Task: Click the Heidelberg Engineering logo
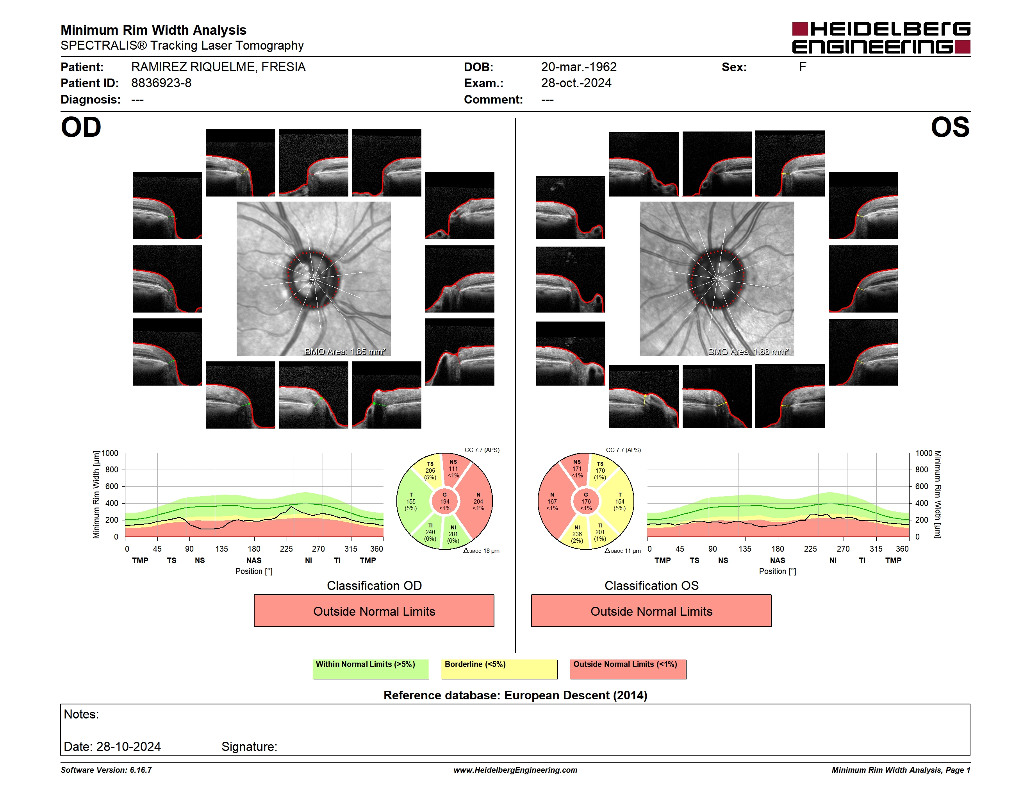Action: tap(881, 38)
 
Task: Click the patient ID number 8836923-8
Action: tap(161, 83)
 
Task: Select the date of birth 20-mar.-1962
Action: tap(579, 67)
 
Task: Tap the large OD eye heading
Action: tap(81, 127)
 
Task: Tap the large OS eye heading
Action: tap(950, 127)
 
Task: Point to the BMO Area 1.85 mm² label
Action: tap(345, 351)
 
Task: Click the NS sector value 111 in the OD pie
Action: tap(453, 469)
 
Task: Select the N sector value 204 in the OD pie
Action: tap(478, 501)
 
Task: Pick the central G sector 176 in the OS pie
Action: tap(586, 501)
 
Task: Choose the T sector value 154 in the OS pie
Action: tap(620, 501)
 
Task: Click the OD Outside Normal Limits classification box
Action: tap(374, 611)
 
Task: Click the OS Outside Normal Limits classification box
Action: tap(651, 611)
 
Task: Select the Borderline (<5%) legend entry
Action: tap(499, 668)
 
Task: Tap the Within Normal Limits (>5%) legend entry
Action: tap(371, 668)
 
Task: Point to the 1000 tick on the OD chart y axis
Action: tap(110, 453)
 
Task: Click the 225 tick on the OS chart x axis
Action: tap(810, 549)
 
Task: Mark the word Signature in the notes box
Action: tap(249, 747)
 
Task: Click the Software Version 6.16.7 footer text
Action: tap(106, 770)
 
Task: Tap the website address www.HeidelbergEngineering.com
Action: tap(515, 770)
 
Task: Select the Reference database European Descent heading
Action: tap(515, 695)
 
